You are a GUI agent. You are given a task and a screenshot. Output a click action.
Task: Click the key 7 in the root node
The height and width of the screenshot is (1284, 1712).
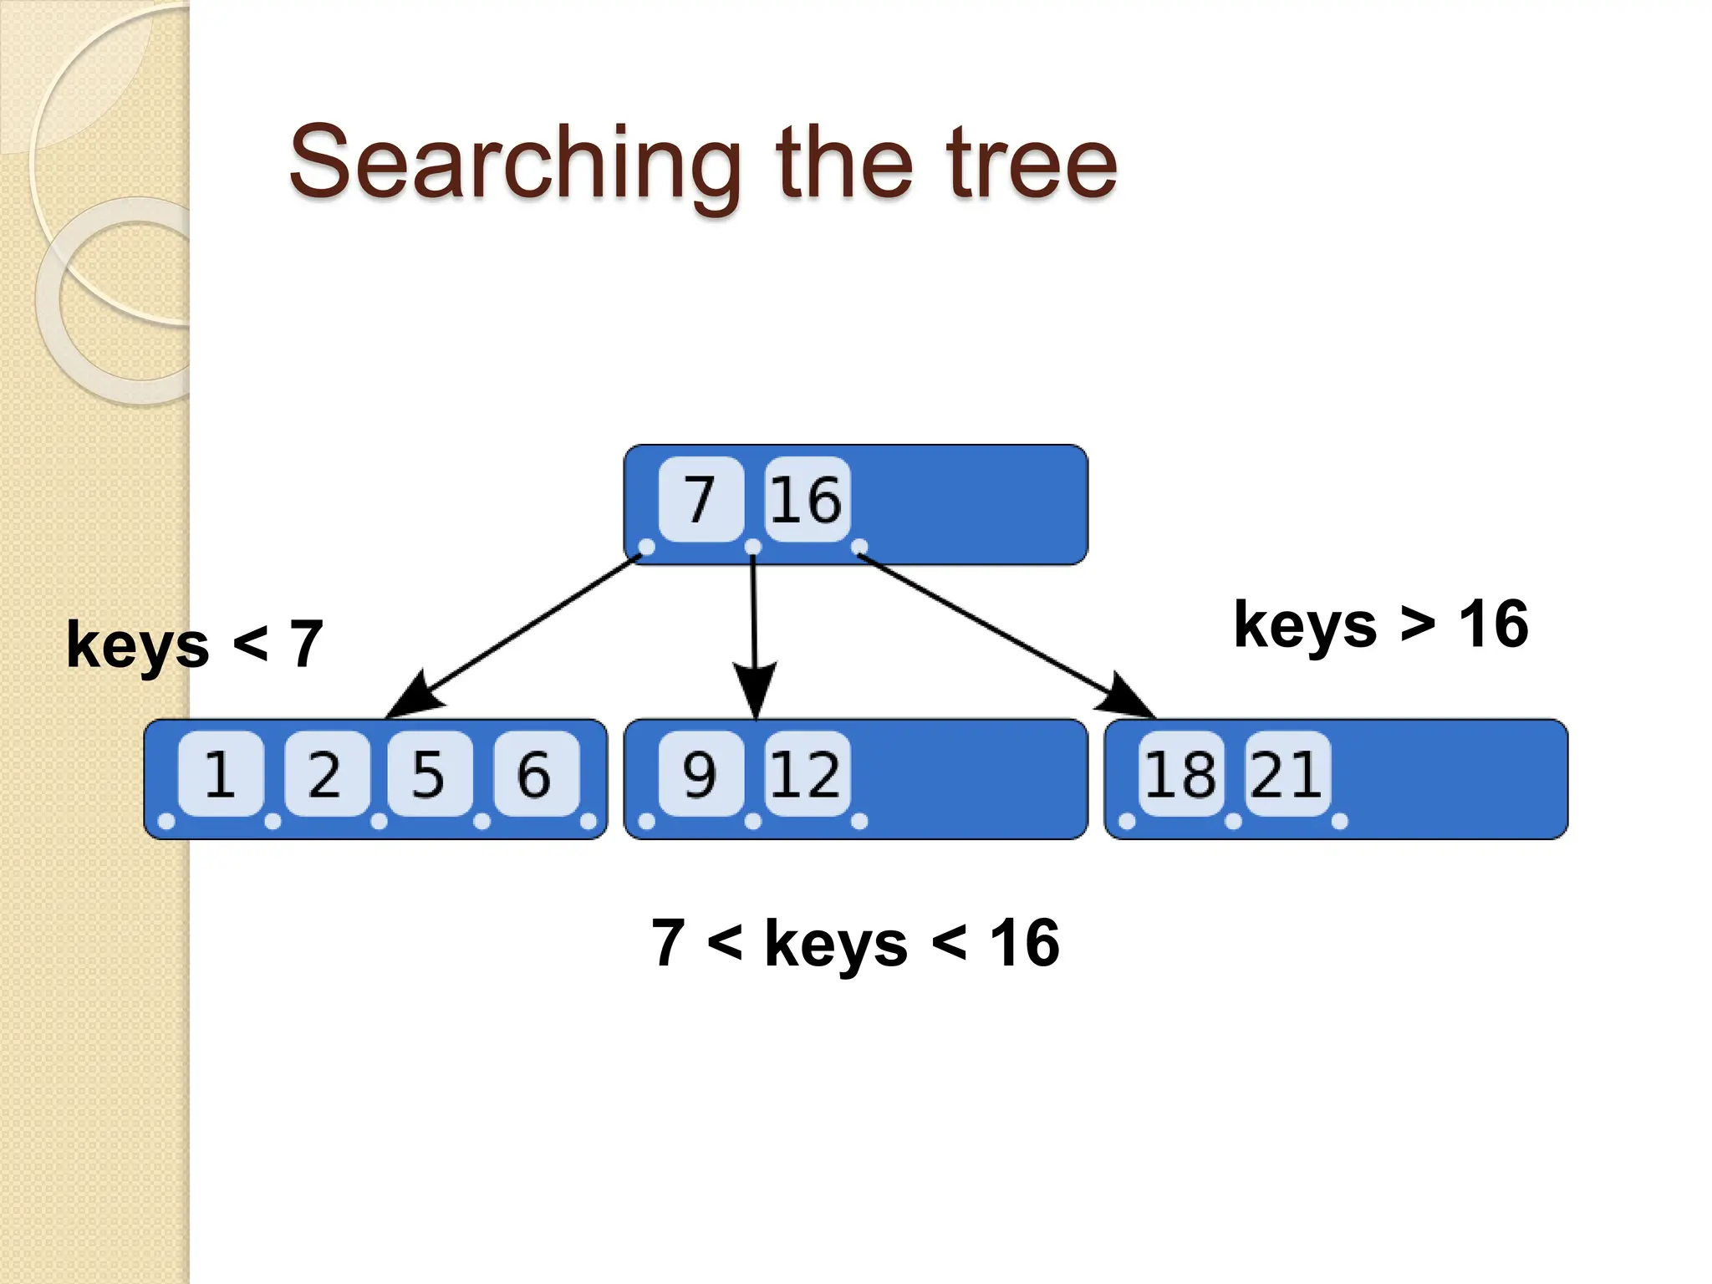point(701,499)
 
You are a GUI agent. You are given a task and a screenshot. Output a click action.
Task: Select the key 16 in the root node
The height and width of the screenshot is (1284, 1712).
point(807,499)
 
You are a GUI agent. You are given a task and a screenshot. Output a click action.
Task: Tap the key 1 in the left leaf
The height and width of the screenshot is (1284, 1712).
point(221,773)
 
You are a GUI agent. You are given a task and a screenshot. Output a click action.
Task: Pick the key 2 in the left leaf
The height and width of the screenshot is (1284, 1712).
point(326,773)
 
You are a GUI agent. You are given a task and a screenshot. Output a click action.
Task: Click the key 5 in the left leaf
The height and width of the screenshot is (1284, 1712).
point(430,773)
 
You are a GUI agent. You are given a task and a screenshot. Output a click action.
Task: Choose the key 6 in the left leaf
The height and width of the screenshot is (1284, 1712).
point(536,773)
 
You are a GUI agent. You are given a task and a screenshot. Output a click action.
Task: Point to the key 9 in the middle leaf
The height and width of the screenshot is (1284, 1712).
point(701,773)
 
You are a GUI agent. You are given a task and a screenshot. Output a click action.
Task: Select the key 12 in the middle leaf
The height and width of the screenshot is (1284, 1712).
point(807,773)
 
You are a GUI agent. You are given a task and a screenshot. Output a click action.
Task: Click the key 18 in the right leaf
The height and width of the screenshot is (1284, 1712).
point(1180,773)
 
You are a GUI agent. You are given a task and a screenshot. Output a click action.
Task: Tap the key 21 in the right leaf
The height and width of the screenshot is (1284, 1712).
point(1287,773)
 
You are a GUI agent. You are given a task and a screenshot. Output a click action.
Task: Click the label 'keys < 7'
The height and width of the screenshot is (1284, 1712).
point(195,645)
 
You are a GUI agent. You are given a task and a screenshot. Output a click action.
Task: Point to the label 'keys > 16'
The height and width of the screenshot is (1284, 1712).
point(1381,624)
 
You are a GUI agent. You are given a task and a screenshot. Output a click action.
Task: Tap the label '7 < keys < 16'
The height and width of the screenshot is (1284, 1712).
point(855,943)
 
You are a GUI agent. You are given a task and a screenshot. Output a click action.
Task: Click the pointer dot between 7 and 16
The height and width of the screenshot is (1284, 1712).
point(753,547)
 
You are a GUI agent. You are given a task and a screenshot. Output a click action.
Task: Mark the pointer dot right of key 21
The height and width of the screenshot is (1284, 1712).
point(1339,821)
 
